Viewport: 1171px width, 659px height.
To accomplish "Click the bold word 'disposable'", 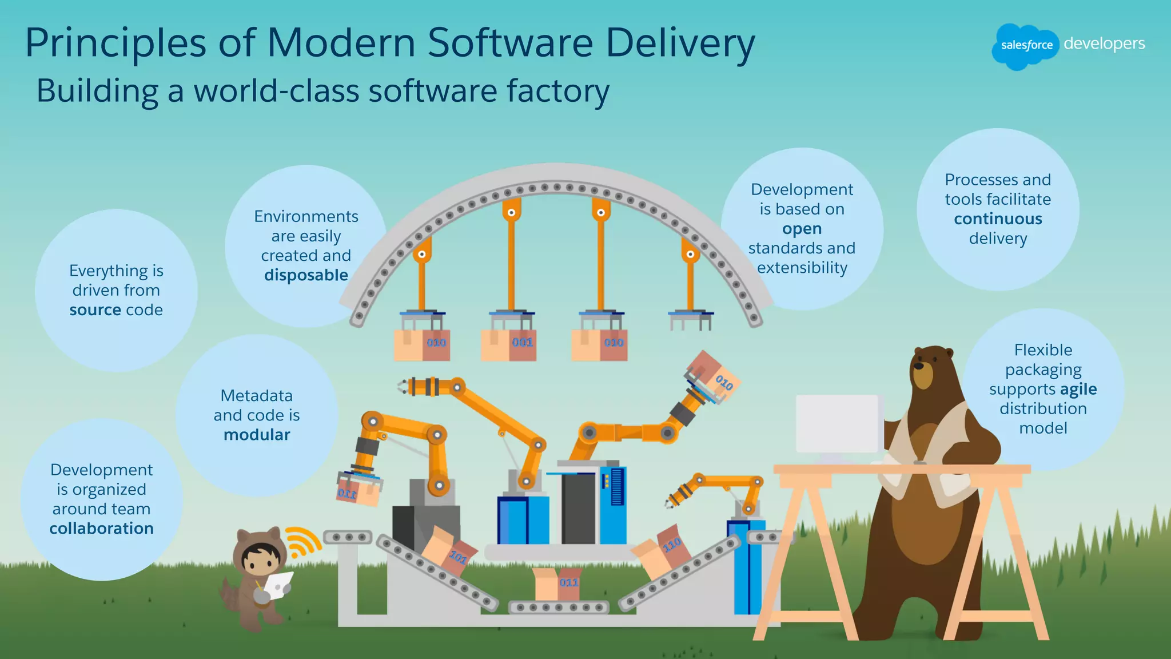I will [x=306, y=275].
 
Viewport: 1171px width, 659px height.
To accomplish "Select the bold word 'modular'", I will [x=257, y=435].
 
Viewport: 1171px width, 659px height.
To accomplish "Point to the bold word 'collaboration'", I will [x=101, y=529].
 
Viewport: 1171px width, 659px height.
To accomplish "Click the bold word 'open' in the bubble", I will [x=802, y=229].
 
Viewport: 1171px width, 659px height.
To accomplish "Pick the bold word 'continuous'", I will [x=998, y=219].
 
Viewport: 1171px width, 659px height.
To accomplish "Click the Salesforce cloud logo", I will [x=1026, y=46].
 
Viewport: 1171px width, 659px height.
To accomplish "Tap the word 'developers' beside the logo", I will [x=1104, y=44].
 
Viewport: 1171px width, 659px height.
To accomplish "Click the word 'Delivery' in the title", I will [x=680, y=43].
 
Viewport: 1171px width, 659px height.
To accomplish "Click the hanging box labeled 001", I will [x=509, y=344].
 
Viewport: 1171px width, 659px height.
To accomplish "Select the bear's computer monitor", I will [x=837, y=423].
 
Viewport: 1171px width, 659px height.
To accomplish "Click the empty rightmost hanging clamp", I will [x=691, y=319].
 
